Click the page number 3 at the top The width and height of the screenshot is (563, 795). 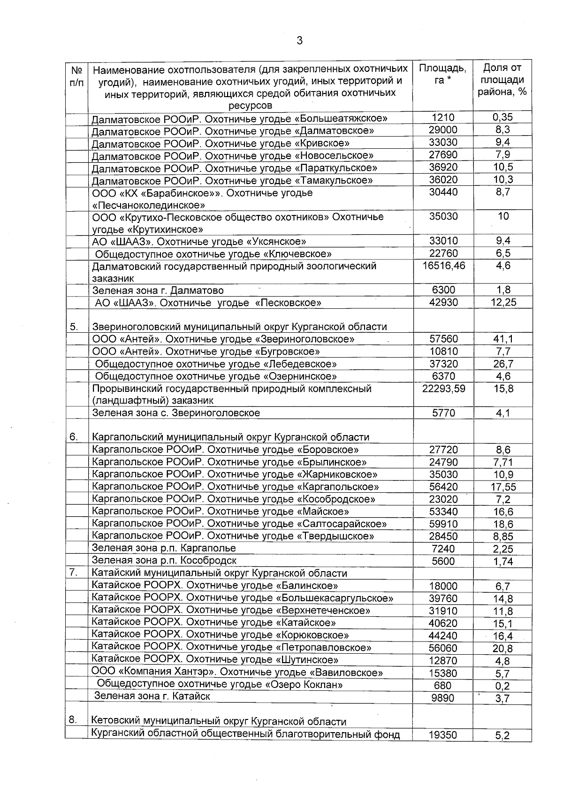(x=299, y=41)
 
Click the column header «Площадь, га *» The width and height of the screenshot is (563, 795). (x=442, y=74)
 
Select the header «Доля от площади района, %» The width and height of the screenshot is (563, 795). (x=502, y=80)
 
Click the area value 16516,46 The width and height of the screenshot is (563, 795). (x=443, y=266)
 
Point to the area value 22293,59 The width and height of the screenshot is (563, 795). (x=443, y=389)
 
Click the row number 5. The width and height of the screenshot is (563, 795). (x=74, y=327)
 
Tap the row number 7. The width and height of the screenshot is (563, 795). (x=74, y=573)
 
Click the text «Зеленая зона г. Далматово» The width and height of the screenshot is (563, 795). (x=158, y=290)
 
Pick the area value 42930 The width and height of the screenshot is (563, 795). (x=443, y=303)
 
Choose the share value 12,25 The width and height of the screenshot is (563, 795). (x=503, y=303)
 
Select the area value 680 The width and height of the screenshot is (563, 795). (x=443, y=686)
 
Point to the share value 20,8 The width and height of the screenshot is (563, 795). (x=503, y=649)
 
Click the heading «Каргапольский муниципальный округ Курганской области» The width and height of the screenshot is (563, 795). (x=230, y=437)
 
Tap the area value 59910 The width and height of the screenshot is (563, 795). (x=443, y=524)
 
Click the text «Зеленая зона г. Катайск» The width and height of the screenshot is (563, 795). (x=152, y=696)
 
